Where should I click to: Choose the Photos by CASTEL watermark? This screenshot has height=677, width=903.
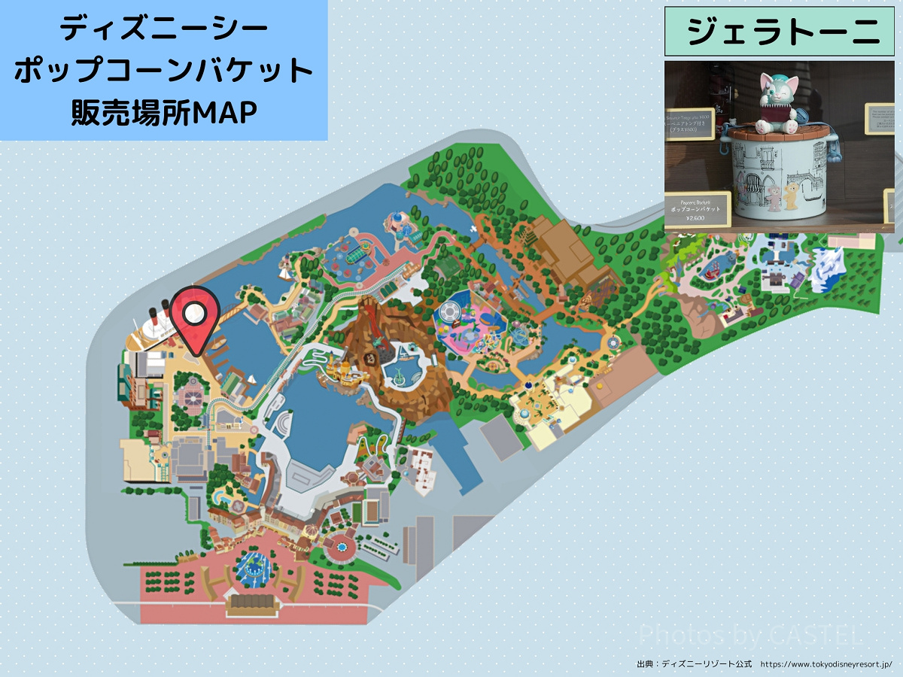(x=749, y=636)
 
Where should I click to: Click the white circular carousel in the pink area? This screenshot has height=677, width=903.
(x=450, y=311)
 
